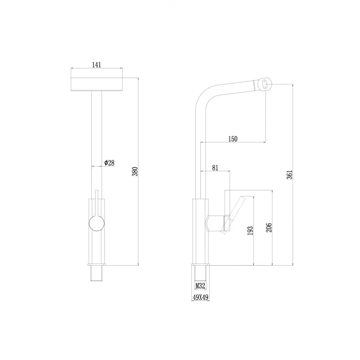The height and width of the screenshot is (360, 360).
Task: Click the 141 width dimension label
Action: (96, 64)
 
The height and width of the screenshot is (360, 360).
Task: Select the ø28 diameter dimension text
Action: (109, 163)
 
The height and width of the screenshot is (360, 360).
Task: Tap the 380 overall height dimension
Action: (135, 171)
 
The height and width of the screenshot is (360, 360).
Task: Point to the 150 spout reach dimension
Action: (233, 139)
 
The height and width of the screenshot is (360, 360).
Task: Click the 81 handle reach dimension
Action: (215, 168)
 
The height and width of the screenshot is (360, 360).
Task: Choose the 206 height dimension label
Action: (269, 228)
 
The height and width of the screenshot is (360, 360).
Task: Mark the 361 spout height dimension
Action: (290, 174)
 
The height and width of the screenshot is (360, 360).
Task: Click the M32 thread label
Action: (200, 286)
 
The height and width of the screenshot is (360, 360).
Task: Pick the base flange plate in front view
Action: (96, 265)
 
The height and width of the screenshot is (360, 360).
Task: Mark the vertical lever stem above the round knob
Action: (96, 202)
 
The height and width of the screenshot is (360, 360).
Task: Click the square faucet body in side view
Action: (201, 232)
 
